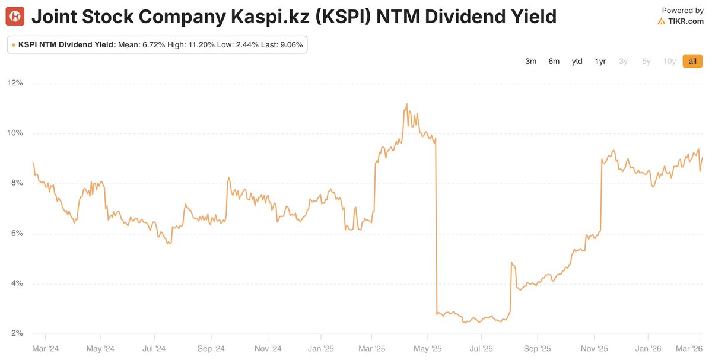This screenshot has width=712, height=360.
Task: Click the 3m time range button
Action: pyautogui.click(x=530, y=62)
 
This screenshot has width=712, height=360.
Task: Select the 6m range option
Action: pyautogui.click(x=554, y=62)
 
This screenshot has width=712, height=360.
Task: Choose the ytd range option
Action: pyautogui.click(x=577, y=62)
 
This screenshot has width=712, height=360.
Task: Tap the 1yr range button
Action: pyautogui.click(x=600, y=62)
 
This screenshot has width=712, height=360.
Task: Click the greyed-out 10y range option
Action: pyautogui.click(x=669, y=62)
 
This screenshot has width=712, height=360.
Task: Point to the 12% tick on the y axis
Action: pyautogui.click(x=15, y=83)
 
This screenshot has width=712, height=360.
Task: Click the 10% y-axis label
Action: pyautogui.click(x=15, y=133)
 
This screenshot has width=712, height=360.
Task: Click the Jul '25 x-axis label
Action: pyautogui.click(x=482, y=349)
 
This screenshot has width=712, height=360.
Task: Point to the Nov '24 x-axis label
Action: pyautogui.click(x=267, y=349)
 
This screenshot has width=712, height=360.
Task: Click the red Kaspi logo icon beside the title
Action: pyautogui.click(x=15, y=17)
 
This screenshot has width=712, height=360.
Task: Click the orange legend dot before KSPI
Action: pyautogui.click(x=14, y=45)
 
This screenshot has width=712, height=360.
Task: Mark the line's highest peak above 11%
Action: pyautogui.click(x=406, y=104)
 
